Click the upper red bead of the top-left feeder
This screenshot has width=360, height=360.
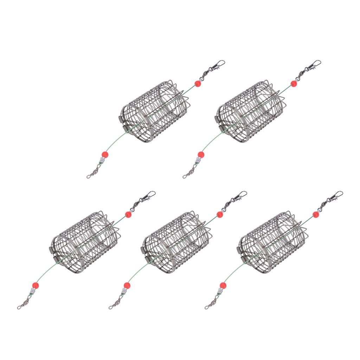198,84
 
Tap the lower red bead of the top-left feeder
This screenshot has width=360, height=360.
104,155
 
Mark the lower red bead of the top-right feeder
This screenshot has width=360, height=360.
201,155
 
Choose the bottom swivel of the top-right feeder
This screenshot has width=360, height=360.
189,173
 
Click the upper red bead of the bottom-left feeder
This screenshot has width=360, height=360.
128,214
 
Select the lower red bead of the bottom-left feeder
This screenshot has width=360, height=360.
35,285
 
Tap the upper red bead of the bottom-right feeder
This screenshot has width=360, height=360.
316,214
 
